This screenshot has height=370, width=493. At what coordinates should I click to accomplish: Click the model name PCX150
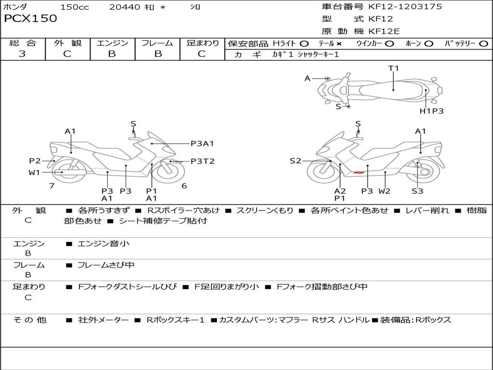click(30, 19)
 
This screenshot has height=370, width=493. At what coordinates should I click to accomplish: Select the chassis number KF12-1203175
click(405, 7)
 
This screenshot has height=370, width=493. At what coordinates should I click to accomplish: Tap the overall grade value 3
click(22, 54)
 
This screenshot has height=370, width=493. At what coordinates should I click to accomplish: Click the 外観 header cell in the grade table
click(67, 43)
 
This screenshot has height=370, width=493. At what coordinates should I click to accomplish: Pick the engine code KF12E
click(384, 32)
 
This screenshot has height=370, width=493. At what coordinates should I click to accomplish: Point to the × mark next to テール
click(339, 43)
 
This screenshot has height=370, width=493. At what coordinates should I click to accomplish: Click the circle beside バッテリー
click(483, 43)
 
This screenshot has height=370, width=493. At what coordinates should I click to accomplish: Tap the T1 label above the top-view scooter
click(394, 68)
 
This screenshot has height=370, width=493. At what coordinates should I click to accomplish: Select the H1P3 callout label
click(431, 111)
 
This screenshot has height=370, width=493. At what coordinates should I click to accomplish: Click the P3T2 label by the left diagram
click(202, 161)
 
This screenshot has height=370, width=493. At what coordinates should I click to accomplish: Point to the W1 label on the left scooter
click(34, 172)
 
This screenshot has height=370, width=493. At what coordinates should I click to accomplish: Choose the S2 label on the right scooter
click(295, 161)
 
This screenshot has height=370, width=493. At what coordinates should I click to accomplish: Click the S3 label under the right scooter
click(417, 191)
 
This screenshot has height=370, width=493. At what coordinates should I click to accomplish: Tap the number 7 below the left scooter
click(52, 185)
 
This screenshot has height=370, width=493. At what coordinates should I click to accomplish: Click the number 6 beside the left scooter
click(184, 185)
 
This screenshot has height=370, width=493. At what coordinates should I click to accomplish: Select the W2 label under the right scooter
click(384, 191)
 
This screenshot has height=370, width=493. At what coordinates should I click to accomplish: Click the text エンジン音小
click(104, 244)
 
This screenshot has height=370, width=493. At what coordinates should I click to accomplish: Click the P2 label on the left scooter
click(35, 161)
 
